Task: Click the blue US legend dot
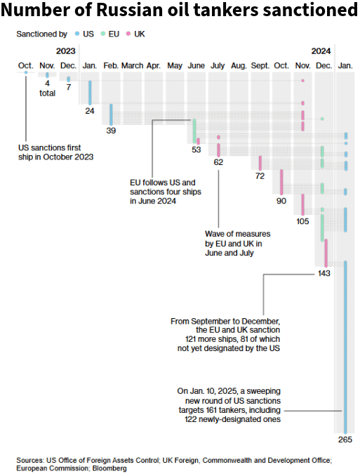click(77, 34)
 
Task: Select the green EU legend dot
click(103, 34)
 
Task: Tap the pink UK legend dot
click(128, 34)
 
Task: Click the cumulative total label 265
click(345, 440)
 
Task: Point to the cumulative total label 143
click(324, 273)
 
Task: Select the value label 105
click(302, 221)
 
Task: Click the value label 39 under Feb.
click(111, 131)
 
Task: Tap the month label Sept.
click(260, 65)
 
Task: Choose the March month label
click(133, 65)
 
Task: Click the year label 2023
click(65, 51)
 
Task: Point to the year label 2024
click(321, 51)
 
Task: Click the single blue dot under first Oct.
click(26, 72)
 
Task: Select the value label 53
click(196, 150)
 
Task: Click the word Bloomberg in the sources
click(109, 468)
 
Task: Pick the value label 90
click(281, 201)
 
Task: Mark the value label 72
click(260, 176)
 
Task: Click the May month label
click(175, 66)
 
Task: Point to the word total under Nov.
click(48, 93)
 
